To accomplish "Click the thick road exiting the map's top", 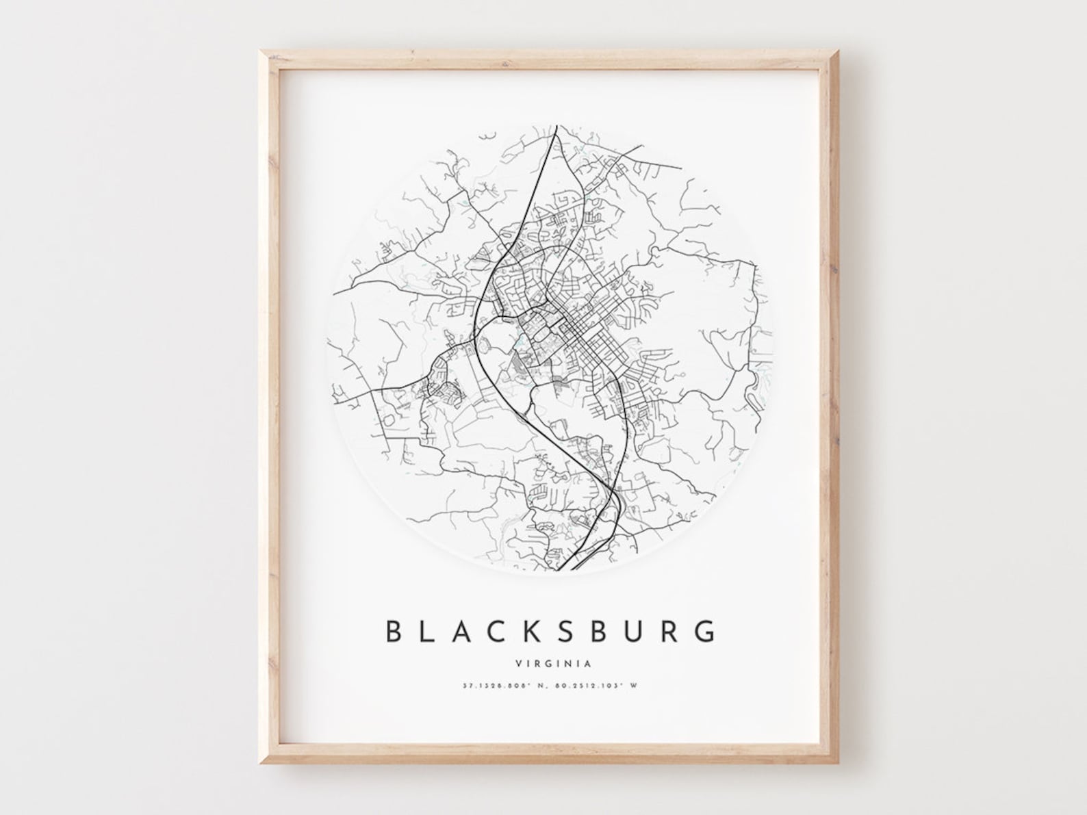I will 557,130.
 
